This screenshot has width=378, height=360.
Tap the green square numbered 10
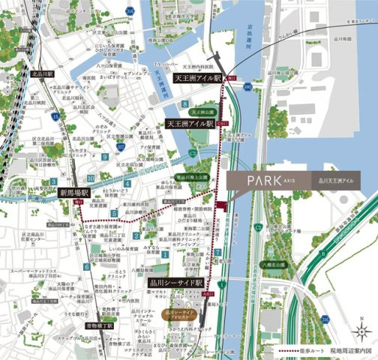click(90, 178)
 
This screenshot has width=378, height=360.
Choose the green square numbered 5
click(114, 214)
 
